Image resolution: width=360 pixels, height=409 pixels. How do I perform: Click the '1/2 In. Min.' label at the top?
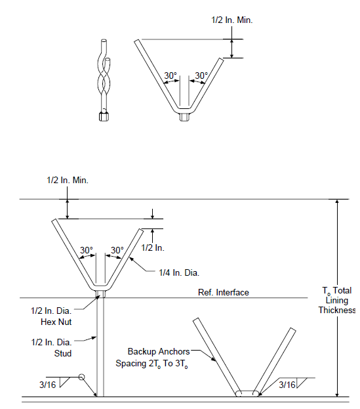(232, 20)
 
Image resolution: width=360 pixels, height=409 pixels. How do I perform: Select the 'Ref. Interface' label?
(224, 292)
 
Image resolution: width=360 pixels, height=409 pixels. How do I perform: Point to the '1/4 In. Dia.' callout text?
(179, 273)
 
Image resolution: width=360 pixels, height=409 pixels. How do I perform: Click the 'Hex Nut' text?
(56, 322)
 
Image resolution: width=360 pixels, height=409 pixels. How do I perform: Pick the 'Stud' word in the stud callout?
(63, 353)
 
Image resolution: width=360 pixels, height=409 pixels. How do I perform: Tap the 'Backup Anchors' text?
(159, 352)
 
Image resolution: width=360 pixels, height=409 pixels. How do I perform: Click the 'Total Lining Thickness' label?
(337, 300)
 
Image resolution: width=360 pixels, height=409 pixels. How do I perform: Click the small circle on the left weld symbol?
(81, 377)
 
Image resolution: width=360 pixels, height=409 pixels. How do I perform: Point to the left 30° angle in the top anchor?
(170, 75)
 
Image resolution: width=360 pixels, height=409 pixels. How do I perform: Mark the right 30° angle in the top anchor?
(201, 75)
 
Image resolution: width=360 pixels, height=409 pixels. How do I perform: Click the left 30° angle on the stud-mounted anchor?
(86, 250)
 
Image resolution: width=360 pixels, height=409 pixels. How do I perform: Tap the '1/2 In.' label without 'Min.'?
(153, 248)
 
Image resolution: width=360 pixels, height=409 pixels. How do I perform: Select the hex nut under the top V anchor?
(184, 117)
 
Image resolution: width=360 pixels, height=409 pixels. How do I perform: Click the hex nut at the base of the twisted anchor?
(104, 117)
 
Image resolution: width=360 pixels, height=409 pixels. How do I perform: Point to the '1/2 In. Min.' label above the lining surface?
(68, 181)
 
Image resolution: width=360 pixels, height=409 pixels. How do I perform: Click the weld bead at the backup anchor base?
(247, 393)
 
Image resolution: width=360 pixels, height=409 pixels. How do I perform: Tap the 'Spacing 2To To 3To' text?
(152, 364)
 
